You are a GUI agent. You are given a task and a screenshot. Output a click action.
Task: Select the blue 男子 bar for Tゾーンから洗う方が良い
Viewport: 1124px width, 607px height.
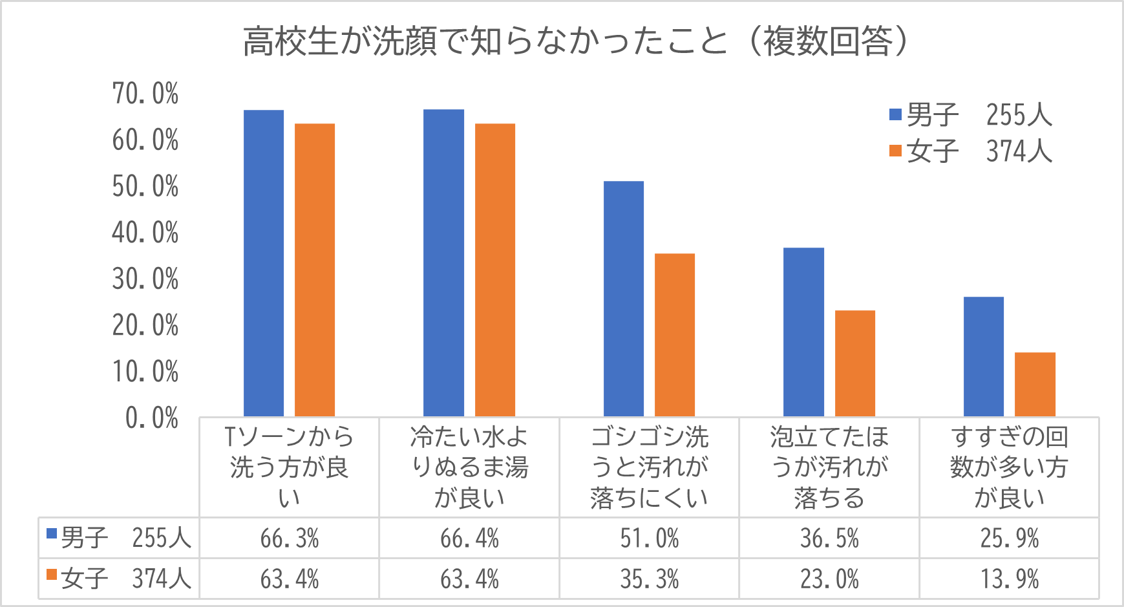[264, 263]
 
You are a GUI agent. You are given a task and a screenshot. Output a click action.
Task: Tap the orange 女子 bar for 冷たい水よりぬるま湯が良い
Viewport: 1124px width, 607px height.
[495, 270]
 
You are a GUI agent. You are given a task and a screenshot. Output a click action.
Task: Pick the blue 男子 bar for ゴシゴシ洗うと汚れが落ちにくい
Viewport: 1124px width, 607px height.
[624, 299]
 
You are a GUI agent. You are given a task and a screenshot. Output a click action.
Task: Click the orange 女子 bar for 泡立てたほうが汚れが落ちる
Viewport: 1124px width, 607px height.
[855, 363]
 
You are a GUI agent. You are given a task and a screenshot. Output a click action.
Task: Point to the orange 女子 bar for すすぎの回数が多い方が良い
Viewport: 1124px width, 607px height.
[1035, 384]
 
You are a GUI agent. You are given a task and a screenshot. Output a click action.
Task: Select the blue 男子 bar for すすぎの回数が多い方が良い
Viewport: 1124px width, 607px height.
[984, 356]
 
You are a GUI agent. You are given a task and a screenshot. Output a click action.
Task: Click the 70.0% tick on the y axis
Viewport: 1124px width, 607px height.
[145, 94]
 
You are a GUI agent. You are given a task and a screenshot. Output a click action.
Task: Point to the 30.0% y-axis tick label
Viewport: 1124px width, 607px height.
[145, 279]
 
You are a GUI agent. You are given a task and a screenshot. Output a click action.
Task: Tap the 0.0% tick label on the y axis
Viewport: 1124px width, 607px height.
[152, 418]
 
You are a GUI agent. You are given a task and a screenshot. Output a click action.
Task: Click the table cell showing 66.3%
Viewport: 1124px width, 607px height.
[290, 538]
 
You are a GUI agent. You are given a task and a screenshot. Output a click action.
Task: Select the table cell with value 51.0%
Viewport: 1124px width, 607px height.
[650, 538]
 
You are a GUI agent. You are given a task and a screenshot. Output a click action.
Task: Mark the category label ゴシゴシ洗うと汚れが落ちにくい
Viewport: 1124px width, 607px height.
[650, 467]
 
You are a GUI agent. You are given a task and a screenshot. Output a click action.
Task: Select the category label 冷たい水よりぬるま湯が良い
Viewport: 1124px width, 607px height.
[469, 467]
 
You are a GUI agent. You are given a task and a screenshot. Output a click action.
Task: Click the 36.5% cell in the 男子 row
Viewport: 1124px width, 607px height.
[829, 538]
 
